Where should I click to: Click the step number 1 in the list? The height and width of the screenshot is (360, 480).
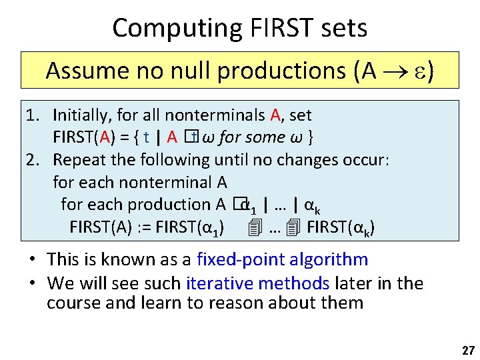click(x=31, y=115)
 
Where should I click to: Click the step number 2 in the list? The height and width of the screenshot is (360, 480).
click(x=31, y=160)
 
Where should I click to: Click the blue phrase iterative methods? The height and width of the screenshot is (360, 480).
click(x=258, y=283)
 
